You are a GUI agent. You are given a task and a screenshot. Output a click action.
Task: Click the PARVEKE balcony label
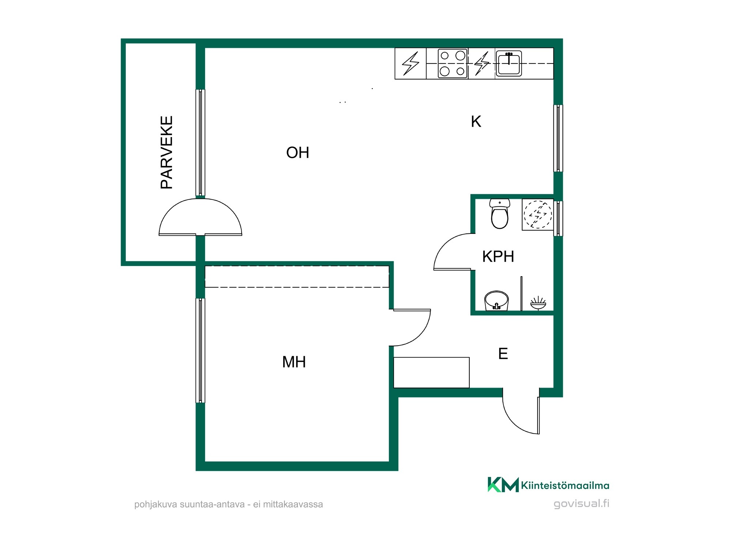pos(167,152)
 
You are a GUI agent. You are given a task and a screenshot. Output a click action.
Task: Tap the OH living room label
pos(298,153)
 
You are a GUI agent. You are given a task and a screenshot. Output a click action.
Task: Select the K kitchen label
pos(476,122)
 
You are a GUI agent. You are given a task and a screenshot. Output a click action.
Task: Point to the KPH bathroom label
pos(498,256)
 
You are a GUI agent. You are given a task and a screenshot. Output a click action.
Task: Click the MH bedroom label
pos(294,362)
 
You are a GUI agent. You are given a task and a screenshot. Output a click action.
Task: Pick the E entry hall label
pos(503,354)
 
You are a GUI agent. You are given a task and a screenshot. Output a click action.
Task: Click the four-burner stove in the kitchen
pos(452,64)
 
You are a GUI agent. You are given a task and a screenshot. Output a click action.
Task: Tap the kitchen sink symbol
pos(508,63)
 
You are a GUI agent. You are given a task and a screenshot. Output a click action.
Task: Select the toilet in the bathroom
pos(500,214)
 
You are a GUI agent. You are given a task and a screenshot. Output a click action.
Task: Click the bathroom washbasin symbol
pos(496,300)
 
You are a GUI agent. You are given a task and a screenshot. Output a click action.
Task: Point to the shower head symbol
pos(538,303)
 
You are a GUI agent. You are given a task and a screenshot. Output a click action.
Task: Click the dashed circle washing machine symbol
pos(538,214)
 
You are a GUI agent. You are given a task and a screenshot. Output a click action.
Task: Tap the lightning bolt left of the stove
pos(410,64)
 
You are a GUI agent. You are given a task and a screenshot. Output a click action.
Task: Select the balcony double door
pos(200,217)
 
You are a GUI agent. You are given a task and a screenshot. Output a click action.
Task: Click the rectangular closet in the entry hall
pos(431,373)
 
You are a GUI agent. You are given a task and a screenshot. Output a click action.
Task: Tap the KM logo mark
pos(503,485)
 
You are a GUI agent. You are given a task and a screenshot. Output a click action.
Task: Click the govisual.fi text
pos(582,503)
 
